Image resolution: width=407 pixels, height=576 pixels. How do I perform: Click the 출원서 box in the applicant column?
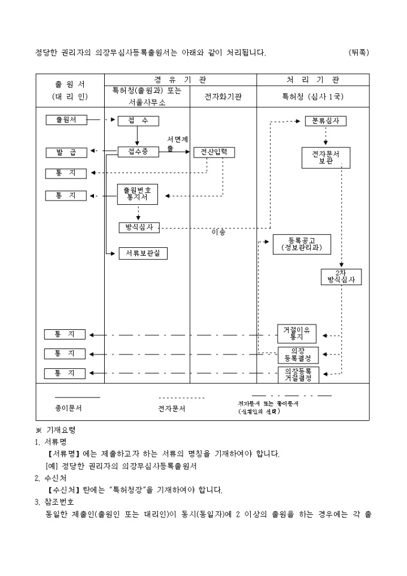click(66, 120)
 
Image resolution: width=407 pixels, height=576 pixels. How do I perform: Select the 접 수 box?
click(138, 120)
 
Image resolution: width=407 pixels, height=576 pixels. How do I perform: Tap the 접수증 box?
click(138, 152)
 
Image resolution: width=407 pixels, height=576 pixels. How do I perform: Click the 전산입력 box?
click(214, 152)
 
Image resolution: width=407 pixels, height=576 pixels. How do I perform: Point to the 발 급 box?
click(66, 152)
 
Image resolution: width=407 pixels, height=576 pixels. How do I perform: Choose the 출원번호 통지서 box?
click(137, 193)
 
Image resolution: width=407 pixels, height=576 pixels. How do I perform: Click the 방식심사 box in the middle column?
click(139, 228)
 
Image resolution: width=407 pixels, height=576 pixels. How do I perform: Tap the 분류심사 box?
click(326, 120)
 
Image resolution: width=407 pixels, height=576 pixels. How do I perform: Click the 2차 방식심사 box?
click(341, 276)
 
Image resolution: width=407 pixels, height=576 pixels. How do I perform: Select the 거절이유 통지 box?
click(297, 334)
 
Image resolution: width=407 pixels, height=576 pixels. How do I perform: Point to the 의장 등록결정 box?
click(297, 354)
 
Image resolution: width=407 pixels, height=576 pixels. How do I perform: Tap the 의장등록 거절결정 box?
click(297, 374)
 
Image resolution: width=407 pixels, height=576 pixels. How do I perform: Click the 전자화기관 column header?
click(223, 96)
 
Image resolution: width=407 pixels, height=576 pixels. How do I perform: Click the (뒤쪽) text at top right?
click(359, 53)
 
